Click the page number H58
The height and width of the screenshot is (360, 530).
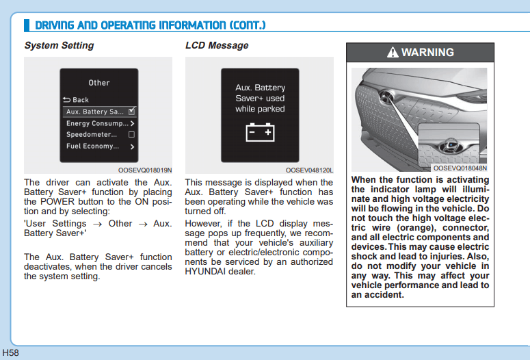tap(10, 352)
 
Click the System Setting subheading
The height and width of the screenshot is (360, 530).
tap(59, 45)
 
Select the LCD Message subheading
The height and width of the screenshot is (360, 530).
tap(217, 45)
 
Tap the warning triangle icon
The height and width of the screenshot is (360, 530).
tap(392, 53)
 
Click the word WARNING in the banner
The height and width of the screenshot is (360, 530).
tap(427, 53)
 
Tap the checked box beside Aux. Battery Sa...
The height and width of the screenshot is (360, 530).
tap(132, 111)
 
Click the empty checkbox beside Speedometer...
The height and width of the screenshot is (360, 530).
tap(132, 134)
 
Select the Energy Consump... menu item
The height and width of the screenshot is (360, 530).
tap(96, 123)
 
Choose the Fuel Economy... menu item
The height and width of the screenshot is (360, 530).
tap(92, 146)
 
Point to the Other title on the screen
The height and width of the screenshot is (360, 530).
tap(99, 83)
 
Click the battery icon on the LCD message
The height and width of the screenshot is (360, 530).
tap(260, 131)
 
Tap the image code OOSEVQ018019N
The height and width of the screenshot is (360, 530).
tap(145, 170)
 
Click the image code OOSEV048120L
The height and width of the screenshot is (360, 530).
tap(309, 170)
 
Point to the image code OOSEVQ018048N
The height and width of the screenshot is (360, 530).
tap(460, 168)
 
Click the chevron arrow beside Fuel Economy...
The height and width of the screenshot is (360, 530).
tap(132, 146)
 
